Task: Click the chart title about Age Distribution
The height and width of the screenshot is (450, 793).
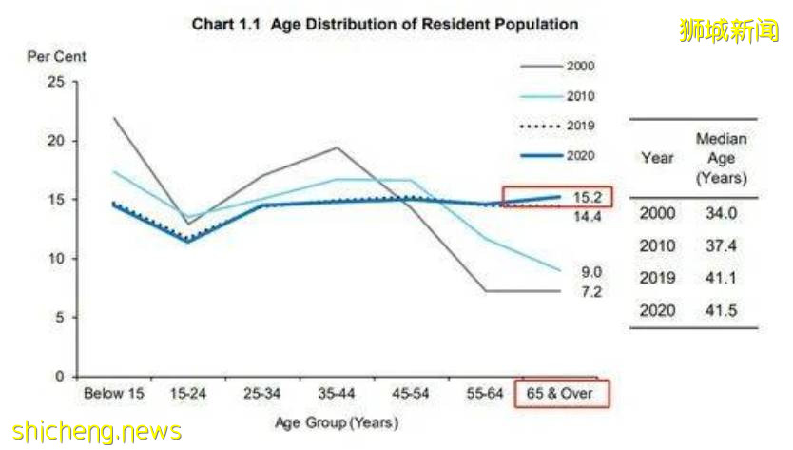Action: [x=384, y=23]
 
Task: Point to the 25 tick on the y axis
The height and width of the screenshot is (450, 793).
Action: [x=56, y=82]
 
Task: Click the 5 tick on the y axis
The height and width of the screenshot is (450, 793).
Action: [x=60, y=317]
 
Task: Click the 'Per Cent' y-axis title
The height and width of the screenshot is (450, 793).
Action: [x=56, y=57]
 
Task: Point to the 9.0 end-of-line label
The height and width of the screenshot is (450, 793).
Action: [x=590, y=271]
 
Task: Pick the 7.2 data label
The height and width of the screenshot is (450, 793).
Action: [x=590, y=291]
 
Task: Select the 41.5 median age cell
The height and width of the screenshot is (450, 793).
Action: [x=722, y=311]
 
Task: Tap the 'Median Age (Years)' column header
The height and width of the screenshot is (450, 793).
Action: [x=722, y=158]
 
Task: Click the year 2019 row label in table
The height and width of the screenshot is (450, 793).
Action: [x=658, y=278]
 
